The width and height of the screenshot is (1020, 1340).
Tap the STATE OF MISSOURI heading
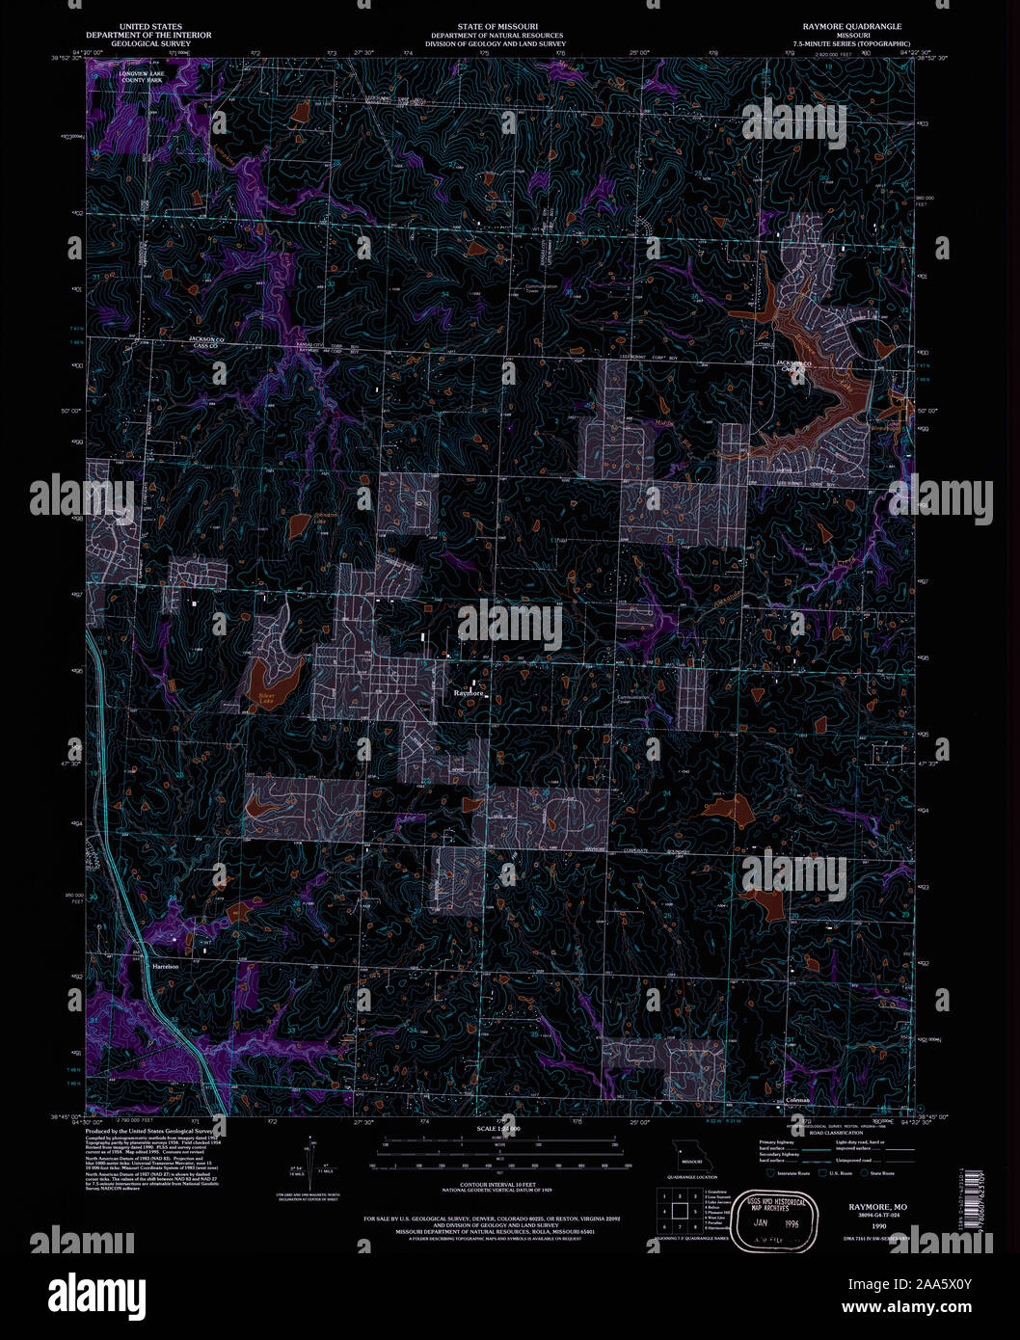(497, 27)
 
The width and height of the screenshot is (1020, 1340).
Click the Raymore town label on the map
(469, 692)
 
